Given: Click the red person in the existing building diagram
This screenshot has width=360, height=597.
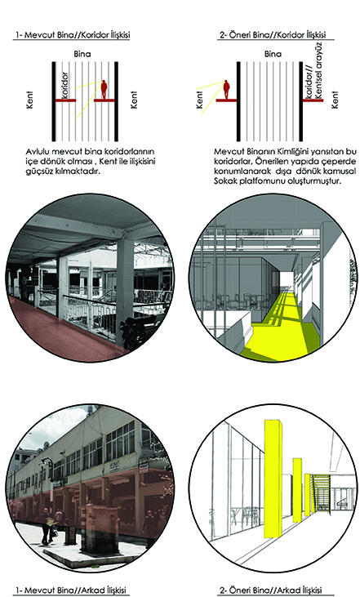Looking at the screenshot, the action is tap(104, 90).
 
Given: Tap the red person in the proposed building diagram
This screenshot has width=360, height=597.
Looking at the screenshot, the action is tap(226, 90).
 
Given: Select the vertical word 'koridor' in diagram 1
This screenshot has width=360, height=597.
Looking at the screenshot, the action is tap(64, 85).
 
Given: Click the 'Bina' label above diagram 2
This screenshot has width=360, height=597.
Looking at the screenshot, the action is tap(273, 54).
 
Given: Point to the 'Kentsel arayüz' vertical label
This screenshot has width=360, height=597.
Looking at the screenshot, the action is tap(318, 70).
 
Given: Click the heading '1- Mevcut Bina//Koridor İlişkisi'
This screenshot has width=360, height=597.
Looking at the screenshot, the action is tap(73, 35).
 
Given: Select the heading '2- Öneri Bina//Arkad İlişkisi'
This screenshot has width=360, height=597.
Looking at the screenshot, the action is tap(270, 590).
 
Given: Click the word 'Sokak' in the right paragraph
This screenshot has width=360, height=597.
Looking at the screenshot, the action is tap(225, 180).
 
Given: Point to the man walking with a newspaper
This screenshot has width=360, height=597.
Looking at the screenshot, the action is tap(47, 527).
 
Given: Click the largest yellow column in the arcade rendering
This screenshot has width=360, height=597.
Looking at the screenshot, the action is tap(273, 479).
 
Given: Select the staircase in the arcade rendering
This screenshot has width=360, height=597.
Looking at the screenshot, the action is tap(321, 492).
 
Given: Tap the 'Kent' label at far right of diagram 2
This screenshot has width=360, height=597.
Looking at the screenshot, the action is tap(335, 100).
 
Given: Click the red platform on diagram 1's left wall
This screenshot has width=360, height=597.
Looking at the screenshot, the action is tap(65, 100).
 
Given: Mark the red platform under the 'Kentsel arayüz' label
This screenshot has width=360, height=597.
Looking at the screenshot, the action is tap(313, 100).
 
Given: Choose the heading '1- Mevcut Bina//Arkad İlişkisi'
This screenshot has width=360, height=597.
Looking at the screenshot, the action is tap(70, 590).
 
